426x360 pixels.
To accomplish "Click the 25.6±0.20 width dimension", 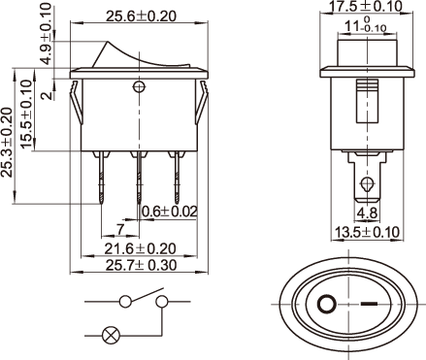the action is [141, 16].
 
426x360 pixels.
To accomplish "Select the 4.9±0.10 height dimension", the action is [47, 34].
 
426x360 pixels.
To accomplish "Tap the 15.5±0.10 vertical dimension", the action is [26, 115].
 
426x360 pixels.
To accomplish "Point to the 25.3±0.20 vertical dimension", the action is [7, 142].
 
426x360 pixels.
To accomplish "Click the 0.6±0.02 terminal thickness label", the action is [170, 212].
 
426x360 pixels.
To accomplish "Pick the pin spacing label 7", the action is [120, 229].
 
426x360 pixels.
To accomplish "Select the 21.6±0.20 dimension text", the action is [140, 248].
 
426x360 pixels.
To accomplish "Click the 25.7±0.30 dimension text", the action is [142, 265].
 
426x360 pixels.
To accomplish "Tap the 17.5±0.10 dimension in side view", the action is [366, 6].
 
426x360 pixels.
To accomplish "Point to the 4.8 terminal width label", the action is [367, 213].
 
